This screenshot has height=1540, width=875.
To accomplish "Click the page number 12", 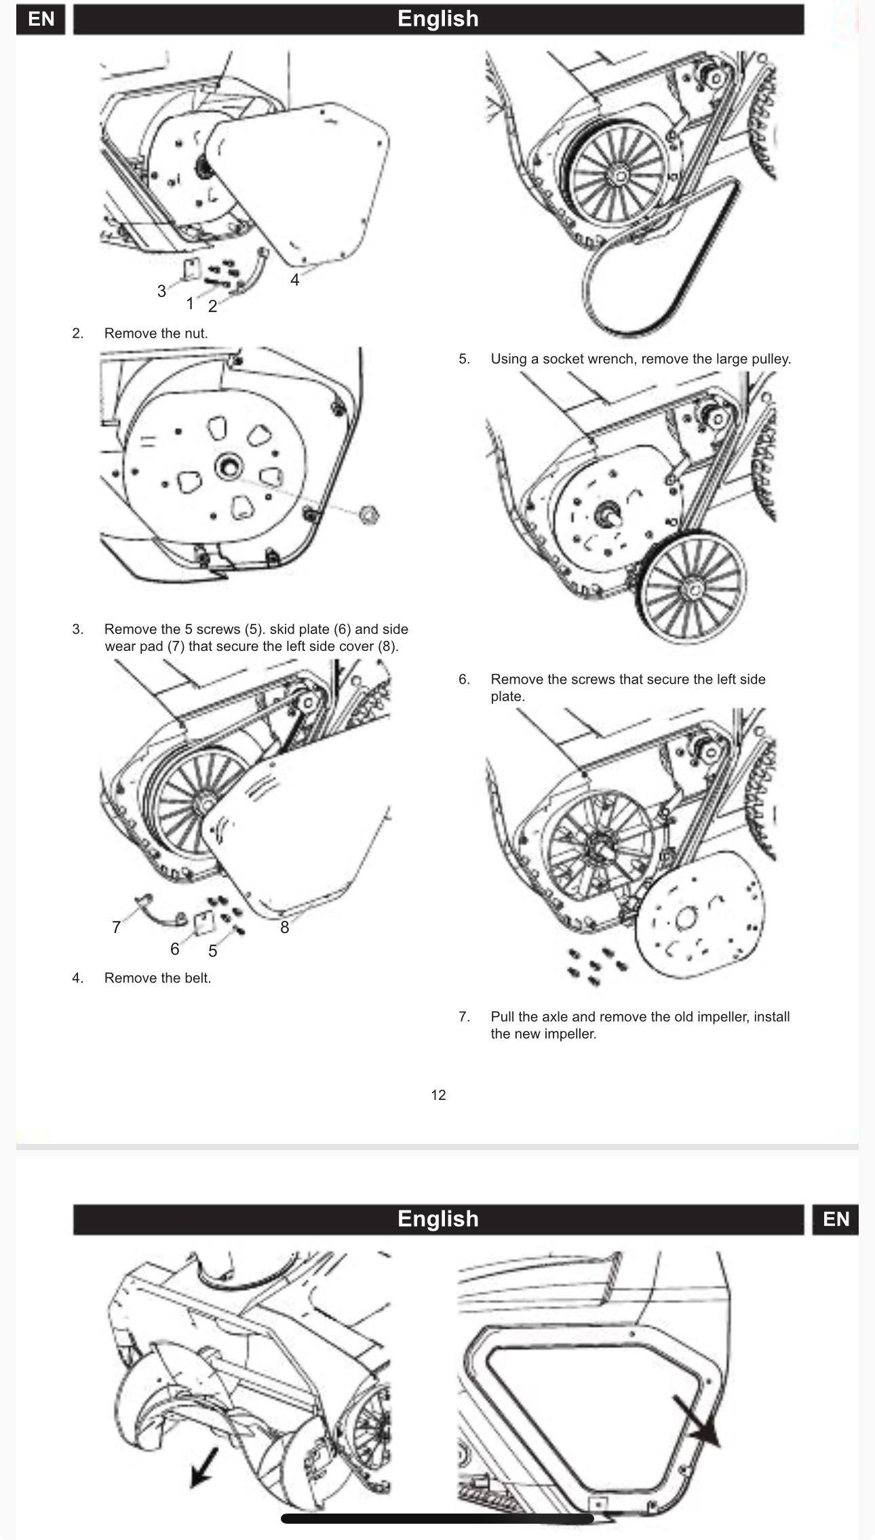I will (x=438, y=1094).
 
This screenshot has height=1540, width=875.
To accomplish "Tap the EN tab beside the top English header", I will (x=41, y=18).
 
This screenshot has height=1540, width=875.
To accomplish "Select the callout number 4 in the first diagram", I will (x=294, y=279).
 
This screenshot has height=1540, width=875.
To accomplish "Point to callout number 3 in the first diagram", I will (x=161, y=291).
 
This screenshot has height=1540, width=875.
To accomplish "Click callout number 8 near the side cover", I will (x=284, y=927).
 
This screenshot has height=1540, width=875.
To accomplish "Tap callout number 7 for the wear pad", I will (x=116, y=927).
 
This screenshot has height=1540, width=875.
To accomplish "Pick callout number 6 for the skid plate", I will (x=174, y=949).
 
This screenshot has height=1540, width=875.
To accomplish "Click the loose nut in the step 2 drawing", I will (x=368, y=515).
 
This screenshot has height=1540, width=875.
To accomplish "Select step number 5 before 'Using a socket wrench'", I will (x=464, y=359).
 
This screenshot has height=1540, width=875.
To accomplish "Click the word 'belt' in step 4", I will (x=196, y=978).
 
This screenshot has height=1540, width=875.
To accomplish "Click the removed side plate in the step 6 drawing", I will (x=699, y=915).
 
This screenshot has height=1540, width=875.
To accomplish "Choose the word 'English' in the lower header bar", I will (x=438, y=1219).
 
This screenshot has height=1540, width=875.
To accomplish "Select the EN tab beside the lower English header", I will (x=835, y=1219).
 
